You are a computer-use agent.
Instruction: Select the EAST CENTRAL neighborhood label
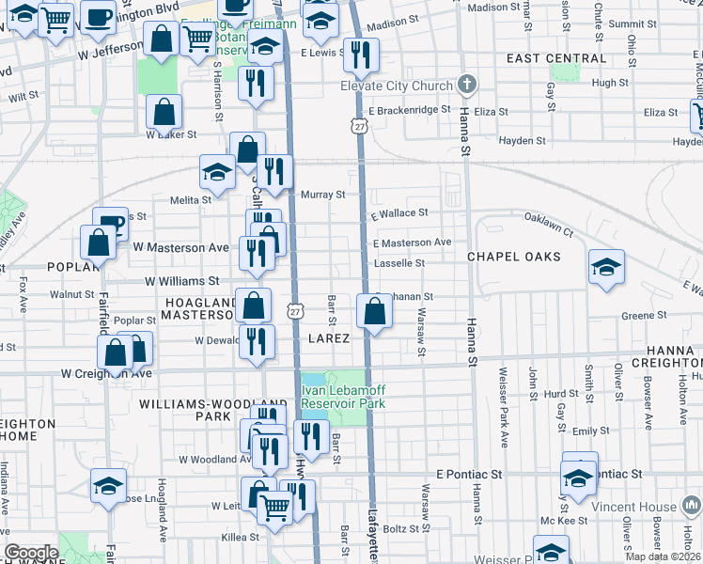tap(556, 58)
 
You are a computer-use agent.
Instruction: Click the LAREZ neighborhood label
tap(329, 337)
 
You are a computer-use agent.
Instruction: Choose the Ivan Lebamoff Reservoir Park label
tap(344, 396)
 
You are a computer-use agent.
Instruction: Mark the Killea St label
tap(240, 538)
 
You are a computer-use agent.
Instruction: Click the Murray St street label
tap(323, 195)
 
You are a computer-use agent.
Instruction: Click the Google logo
tap(31, 552)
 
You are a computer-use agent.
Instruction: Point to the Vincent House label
tap(635, 507)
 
